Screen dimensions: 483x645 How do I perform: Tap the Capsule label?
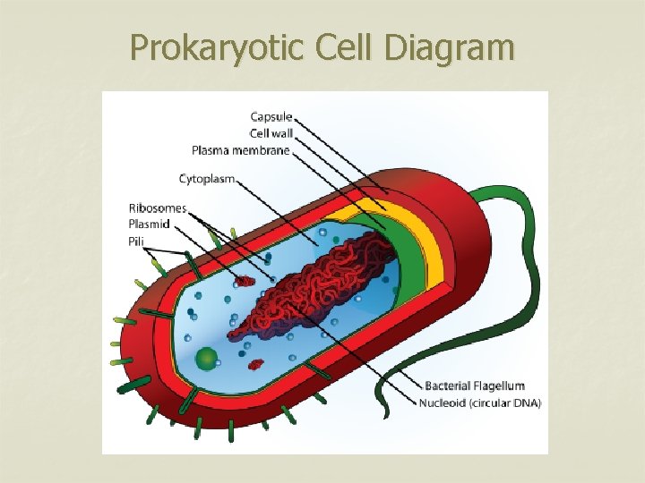click(x=271, y=117)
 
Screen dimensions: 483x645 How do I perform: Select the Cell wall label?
click(x=271, y=133)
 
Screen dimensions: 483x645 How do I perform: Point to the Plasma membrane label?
click(x=240, y=150)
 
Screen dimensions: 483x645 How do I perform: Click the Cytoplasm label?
click(x=207, y=179)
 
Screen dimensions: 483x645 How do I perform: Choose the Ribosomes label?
click(x=157, y=208)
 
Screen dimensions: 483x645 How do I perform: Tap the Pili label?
click(x=137, y=241)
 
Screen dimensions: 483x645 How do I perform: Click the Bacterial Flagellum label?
click(x=474, y=386)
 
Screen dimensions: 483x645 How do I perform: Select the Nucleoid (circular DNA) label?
click(x=479, y=402)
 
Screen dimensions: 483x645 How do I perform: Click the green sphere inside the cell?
click(x=207, y=360)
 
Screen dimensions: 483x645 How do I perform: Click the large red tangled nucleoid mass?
click(x=322, y=286)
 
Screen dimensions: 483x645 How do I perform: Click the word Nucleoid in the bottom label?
click(x=443, y=402)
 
